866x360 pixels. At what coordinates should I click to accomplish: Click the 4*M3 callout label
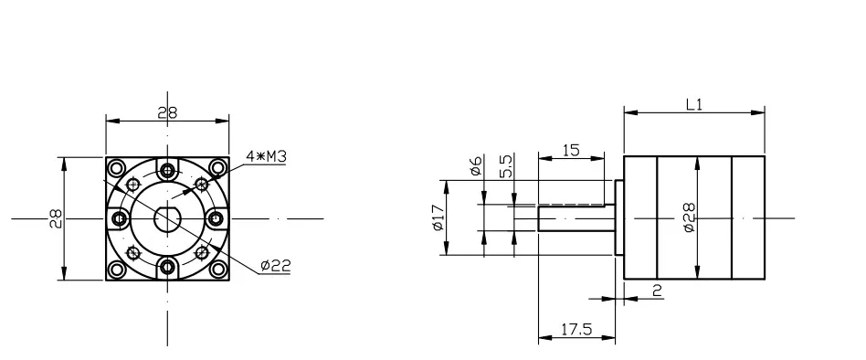(266, 157)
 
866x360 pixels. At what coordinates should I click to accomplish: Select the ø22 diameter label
(275, 266)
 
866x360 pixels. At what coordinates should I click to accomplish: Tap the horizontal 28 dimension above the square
(167, 112)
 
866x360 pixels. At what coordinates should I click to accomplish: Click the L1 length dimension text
(694, 105)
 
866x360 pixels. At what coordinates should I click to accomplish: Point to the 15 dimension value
(571, 150)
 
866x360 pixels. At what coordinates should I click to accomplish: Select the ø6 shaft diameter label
(476, 165)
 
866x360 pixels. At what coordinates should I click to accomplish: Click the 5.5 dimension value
(506, 165)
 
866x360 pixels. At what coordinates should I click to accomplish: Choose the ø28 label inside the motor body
(689, 217)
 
